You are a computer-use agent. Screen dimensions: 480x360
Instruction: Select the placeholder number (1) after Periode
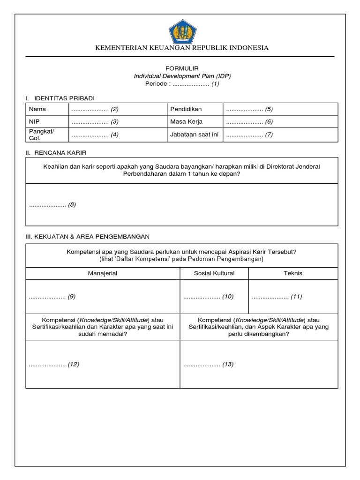pyautogui.click(x=215, y=84)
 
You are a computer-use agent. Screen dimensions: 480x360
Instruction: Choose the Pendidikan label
pyautogui.click(x=186, y=109)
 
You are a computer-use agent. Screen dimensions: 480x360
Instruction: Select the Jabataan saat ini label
pyautogui.click(x=195, y=135)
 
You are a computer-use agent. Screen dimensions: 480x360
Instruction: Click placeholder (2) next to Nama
pyautogui.click(x=114, y=109)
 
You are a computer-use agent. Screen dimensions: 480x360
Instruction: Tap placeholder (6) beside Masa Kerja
pyautogui.click(x=269, y=122)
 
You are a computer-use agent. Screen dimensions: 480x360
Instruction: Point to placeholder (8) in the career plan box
pyautogui.click(x=72, y=205)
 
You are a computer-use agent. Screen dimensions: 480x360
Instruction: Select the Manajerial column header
pyautogui.click(x=102, y=273)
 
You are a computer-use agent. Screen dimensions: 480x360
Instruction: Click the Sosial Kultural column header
pyautogui.click(x=214, y=273)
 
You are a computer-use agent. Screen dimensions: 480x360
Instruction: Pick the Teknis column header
pyautogui.click(x=293, y=273)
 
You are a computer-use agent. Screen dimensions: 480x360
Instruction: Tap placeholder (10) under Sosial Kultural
pyautogui.click(x=228, y=296)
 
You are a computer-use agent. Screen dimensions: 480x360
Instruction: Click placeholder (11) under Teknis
pyautogui.click(x=296, y=296)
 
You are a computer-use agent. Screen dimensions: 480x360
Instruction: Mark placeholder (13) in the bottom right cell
pyautogui.click(x=228, y=364)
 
